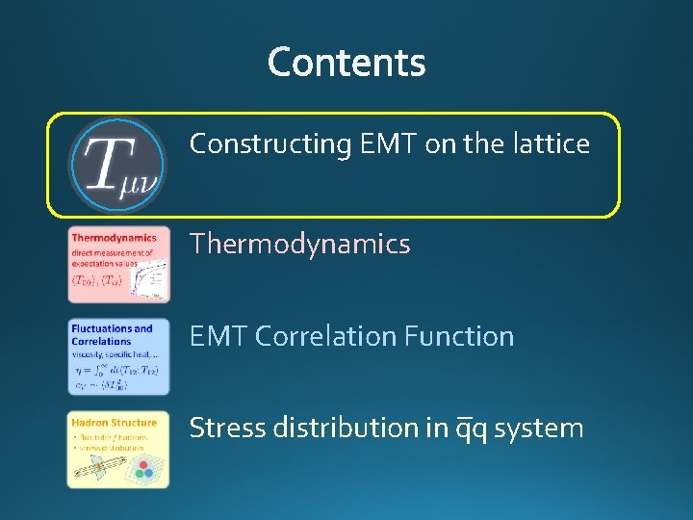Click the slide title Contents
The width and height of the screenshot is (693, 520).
(x=346, y=63)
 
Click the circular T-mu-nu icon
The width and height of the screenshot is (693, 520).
(x=117, y=165)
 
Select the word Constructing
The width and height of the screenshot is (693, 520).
(x=270, y=144)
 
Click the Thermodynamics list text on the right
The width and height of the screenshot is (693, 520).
(x=299, y=245)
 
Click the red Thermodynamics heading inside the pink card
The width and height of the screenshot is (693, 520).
(x=114, y=238)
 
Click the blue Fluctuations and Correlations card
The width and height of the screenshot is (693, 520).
(x=118, y=356)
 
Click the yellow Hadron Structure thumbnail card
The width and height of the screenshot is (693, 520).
(x=118, y=449)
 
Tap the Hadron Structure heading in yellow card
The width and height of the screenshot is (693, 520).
(x=114, y=422)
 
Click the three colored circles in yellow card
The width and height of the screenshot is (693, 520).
(x=144, y=470)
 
